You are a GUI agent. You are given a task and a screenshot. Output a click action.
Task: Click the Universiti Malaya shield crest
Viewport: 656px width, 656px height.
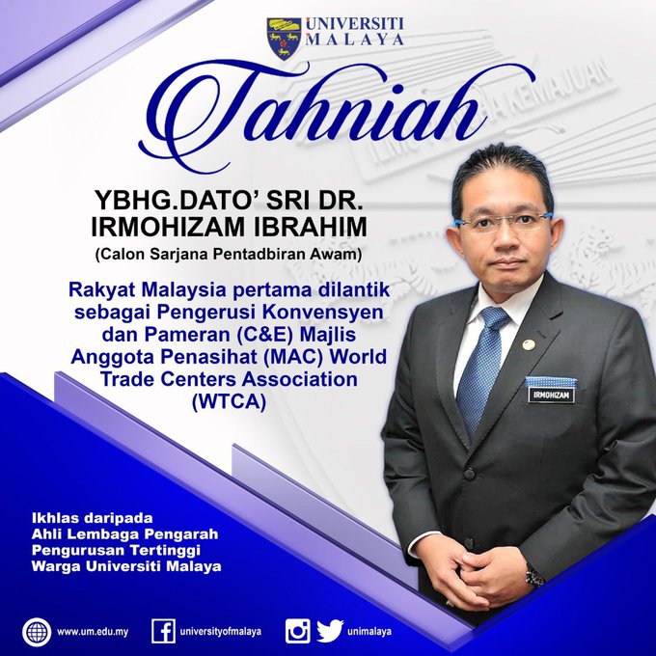(x=284, y=39)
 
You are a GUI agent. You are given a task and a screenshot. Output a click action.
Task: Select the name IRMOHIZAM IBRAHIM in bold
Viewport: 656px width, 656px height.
(x=229, y=227)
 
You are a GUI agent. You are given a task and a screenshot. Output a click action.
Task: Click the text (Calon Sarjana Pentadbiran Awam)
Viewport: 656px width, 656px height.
(x=229, y=255)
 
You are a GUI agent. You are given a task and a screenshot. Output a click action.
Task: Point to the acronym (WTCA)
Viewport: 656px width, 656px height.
(x=229, y=402)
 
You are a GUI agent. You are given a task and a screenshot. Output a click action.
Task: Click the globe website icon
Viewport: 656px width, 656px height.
(x=37, y=632)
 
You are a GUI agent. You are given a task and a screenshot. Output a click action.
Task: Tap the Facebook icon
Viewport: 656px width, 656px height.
(x=164, y=631)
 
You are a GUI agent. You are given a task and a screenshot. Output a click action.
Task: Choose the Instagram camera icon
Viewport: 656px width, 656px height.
(x=298, y=631)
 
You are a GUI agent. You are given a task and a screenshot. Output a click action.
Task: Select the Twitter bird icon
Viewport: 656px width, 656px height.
(x=330, y=631)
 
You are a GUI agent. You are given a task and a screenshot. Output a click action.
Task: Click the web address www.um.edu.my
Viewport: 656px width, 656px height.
(x=93, y=632)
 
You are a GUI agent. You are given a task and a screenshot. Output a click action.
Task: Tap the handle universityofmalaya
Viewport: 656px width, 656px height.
(x=221, y=632)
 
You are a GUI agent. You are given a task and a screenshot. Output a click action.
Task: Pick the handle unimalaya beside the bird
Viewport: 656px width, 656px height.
(x=369, y=632)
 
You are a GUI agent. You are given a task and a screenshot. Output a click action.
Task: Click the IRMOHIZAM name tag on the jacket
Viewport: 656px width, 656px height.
(x=552, y=395)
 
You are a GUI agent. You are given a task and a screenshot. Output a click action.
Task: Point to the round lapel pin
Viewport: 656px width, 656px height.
(x=529, y=344)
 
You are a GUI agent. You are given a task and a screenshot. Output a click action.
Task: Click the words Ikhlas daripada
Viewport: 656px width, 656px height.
(x=93, y=518)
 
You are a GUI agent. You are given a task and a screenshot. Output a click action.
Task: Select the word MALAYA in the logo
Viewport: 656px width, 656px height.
(x=355, y=39)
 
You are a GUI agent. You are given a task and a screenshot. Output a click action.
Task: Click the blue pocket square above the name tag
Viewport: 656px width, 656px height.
(x=551, y=381)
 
